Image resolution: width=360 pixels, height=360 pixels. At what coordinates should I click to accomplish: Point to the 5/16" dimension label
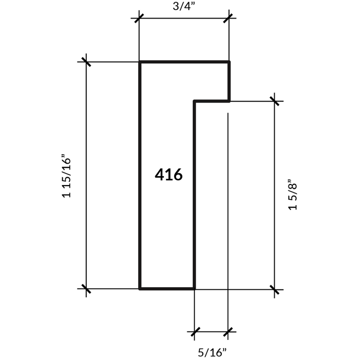pos(212,352)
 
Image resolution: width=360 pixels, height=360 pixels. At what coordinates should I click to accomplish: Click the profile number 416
pos(169,175)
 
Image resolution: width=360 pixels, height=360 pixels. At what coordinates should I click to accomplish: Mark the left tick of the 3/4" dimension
pos(139,18)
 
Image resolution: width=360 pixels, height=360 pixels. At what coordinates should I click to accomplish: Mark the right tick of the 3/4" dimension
pos(228,18)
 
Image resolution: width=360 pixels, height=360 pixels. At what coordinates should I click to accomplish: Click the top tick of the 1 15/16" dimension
pos(86,62)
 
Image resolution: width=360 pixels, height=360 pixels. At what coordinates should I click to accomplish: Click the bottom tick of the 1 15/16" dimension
pos(86,288)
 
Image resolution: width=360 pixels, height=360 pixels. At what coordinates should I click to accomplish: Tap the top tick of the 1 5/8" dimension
pos(274,101)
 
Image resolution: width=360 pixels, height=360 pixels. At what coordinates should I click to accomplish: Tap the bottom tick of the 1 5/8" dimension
pos(274,290)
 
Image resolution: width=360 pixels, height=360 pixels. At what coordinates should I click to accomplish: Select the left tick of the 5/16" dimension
pos(195,332)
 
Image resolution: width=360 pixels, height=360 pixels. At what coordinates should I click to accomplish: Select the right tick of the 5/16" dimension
pos(228,332)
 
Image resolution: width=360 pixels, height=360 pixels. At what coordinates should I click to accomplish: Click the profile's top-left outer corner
pos(139,62)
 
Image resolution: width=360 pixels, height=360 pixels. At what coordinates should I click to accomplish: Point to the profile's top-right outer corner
pos(229,62)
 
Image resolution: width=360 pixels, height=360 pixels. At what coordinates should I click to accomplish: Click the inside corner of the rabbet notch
pos(195,101)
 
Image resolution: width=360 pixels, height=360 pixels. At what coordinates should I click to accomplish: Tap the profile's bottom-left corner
pos(139,289)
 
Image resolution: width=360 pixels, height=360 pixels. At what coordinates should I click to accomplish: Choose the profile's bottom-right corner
pos(195,289)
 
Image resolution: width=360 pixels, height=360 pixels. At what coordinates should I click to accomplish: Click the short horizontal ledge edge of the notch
pos(212,101)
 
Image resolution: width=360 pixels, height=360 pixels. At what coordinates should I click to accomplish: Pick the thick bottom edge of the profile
pos(167,289)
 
